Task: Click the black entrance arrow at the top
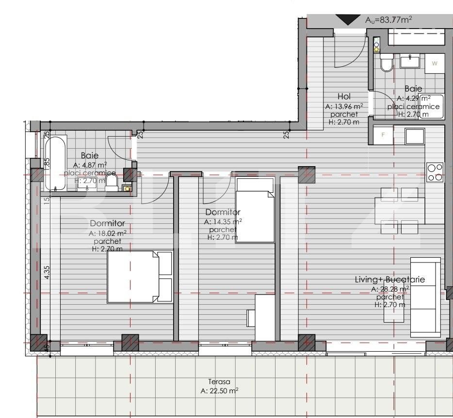coord(348,20)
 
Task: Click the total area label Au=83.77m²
coord(388,20)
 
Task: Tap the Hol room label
coord(344,96)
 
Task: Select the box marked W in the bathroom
coord(435,63)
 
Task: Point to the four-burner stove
coord(435,172)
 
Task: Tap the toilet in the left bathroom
coord(112,183)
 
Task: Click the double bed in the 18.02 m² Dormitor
coord(140,277)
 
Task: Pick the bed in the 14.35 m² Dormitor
coord(255,216)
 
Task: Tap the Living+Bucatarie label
coord(390,279)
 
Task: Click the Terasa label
coord(219,382)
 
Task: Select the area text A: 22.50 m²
coord(219,391)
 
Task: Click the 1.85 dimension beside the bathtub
coord(47,163)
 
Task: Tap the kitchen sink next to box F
coord(415,136)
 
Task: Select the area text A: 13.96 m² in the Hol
coord(344,106)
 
